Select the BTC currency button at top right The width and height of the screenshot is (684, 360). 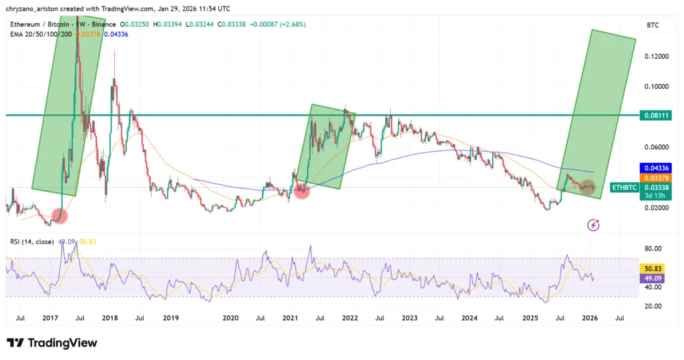pos(653,25)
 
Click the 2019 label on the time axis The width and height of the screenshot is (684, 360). pos(170,319)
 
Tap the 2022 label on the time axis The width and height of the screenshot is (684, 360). pos(350,319)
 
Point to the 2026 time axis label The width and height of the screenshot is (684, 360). pos(589,319)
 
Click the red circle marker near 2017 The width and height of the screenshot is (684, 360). pos(61,216)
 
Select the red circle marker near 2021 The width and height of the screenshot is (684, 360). pos(302,190)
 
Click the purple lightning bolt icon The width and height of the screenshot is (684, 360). pos(593,225)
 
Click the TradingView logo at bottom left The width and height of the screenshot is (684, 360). pos(52,343)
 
